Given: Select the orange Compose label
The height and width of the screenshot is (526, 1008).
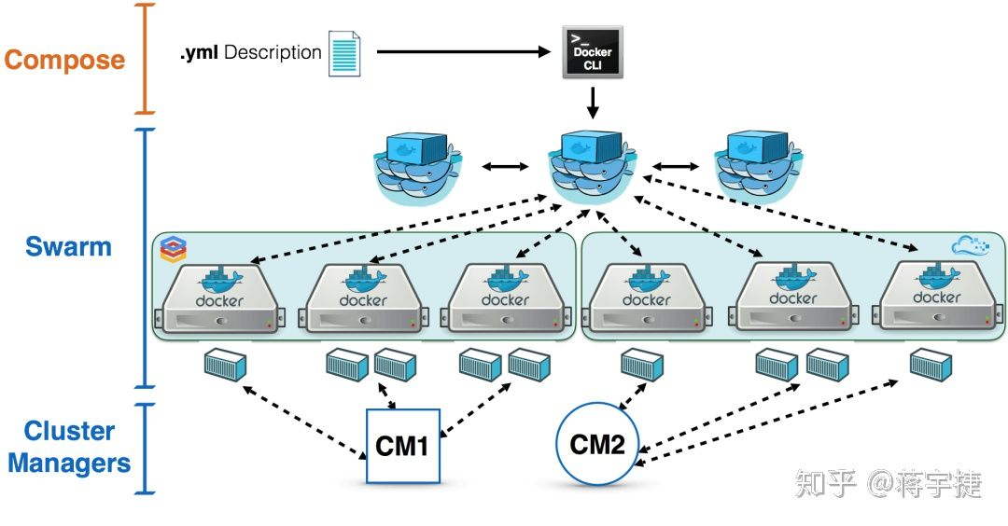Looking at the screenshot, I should pos(64,60).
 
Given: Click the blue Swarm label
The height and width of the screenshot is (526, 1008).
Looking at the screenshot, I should pos(68,247).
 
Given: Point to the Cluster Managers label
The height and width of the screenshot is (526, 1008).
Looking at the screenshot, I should pos(69,447).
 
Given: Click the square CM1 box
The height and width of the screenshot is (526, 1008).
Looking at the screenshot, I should pos(402,446).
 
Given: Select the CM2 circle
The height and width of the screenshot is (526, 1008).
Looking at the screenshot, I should pos(596,444).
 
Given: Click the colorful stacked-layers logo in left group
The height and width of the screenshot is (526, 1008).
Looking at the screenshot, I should pos(174,248).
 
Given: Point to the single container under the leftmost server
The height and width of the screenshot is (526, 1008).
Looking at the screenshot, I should pos(225,365).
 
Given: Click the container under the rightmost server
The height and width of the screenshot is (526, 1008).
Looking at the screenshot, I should pos(931,365).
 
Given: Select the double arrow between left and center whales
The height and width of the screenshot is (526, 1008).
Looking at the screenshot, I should pos(506,167).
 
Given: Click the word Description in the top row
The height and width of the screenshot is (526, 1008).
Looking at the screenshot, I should pos(273,52).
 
